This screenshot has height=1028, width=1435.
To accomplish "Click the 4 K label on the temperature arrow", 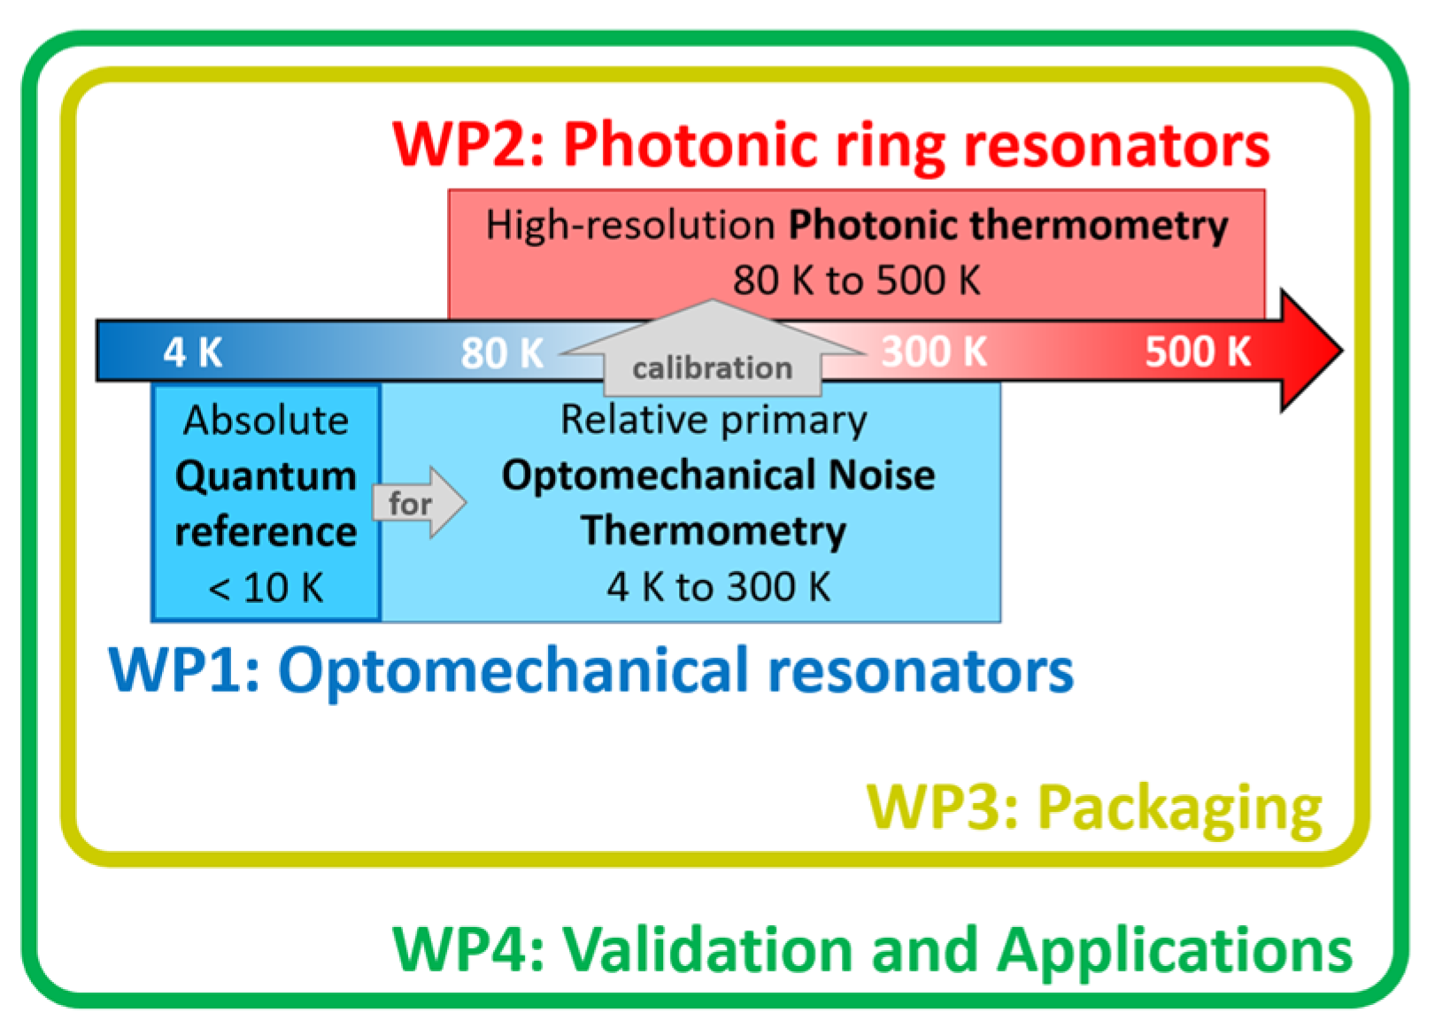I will click(192, 352).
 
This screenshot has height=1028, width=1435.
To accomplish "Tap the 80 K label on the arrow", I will click(502, 353).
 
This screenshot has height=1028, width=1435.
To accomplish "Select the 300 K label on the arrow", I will click(934, 352).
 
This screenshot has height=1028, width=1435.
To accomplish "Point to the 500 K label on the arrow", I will click(1198, 352).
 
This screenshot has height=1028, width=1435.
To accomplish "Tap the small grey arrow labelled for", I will click(419, 503).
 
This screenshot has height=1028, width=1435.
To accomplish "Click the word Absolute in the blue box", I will click(266, 420).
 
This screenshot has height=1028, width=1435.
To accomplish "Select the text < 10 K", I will click(266, 587).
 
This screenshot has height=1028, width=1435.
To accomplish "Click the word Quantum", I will click(266, 476).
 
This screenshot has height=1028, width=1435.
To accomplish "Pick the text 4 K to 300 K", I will click(718, 586).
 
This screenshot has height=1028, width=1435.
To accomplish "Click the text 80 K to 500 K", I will click(856, 281).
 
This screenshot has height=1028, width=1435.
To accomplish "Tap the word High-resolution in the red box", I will click(630, 225).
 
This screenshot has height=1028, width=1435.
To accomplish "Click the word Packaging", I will click(1179, 808).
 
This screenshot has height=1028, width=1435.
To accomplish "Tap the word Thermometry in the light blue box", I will click(714, 531).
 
